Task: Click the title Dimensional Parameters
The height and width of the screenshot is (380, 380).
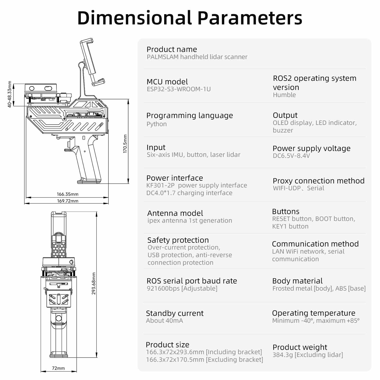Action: click(190, 18)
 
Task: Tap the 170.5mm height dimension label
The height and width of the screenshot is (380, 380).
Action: click(125, 144)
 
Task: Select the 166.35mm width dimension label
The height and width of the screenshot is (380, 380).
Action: click(68, 194)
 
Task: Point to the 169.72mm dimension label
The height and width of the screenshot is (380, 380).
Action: click(68, 201)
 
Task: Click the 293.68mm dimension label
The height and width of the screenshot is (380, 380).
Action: click(94, 283)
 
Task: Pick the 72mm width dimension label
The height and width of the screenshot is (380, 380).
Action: click(58, 368)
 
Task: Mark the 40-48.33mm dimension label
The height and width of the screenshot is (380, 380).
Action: click(10, 94)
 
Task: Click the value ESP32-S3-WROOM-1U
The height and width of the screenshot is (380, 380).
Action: click(179, 89)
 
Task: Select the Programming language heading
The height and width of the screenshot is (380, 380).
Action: click(189, 116)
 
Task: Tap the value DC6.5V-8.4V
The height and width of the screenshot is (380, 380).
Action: click(291, 156)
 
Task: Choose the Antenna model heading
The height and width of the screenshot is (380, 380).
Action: click(175, 213)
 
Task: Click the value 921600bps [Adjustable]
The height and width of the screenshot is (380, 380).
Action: click(182, 288)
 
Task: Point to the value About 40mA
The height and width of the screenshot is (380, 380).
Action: click(164, 321)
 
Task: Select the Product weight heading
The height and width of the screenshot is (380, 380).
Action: click(300, 347)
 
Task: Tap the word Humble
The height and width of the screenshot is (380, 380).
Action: click(284, 95)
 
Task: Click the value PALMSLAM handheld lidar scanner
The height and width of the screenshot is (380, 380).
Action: click(197, 57)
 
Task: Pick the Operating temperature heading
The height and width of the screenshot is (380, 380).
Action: click(314, 313)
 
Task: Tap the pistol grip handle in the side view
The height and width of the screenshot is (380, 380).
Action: click(87, 160)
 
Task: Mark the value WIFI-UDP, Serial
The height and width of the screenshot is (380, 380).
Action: click(298, 188)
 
